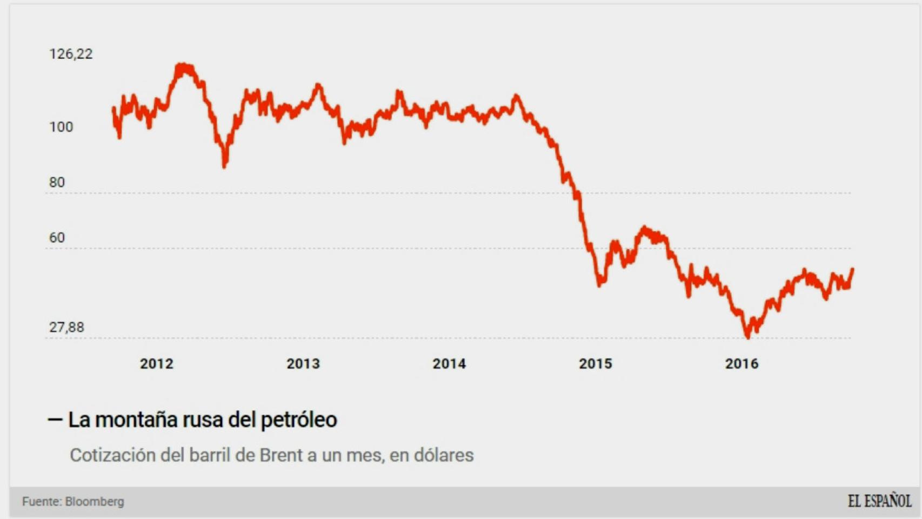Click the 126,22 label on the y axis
pyautogui.click(x=71, y=54)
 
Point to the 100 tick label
pyautogui.click(x=61, y=127)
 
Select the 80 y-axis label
pyautogui.click(x=57, y=183)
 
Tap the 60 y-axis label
pyautogui.click(x=57, y=238)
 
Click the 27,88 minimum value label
pyautogui.click(x=66, y=328)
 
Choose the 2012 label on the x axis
pyautogui.click(x=157, y=364)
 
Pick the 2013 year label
pyautogui.click(x=303, y=364)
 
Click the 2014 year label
pyautogui.click(x=449, y=364)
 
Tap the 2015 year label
pyautogui.click(x=596, y=364)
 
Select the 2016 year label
pyautogui.click(x=741, y=364)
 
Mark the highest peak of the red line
pyautogui.click(x=183, y=66)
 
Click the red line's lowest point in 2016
pyautogui.click(x=748, y=337)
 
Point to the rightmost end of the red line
pyautogui.click(x=852, y=269)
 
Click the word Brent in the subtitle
pyautogui.click(x=280, y=455)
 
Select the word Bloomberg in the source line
pyautogui.click(x=95, y=502)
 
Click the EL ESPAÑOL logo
pyautogui.click(x=879, y=501)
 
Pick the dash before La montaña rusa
pyautogui.click(x=55, y=420)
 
